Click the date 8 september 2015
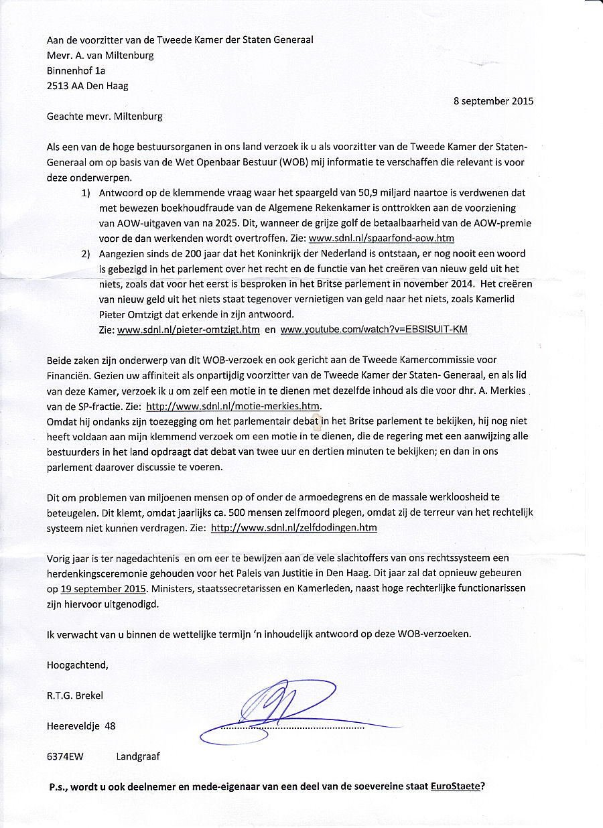click(493, 102)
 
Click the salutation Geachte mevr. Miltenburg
click(105, 117)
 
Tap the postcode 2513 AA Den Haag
click(88, 86)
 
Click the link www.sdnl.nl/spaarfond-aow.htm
click(381, 238)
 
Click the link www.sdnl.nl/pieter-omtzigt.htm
click(188, 330)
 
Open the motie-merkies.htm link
click(234, 406)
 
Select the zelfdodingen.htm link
click(294, 528)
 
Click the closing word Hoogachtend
click(77, 666)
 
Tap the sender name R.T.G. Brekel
click(76, 695)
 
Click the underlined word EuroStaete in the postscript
click(455, 786)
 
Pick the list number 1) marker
click(86, 193)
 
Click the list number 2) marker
click(86, 254)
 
